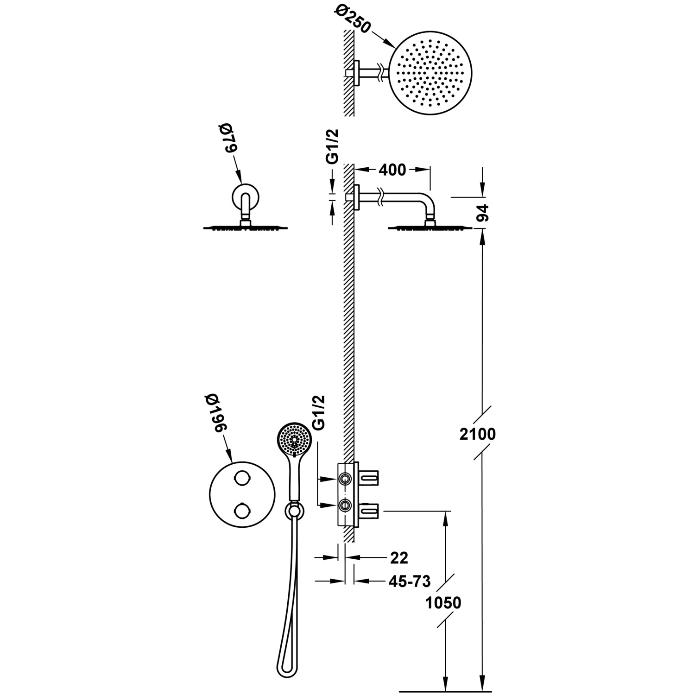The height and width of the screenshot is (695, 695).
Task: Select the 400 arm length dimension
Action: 392,170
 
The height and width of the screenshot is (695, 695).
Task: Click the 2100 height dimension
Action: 478,434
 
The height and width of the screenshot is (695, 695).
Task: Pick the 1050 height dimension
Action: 443,603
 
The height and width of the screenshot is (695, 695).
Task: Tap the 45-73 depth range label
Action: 410,581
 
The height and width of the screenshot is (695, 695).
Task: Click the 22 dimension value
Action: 399,558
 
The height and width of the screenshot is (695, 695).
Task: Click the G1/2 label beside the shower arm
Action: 332,146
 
